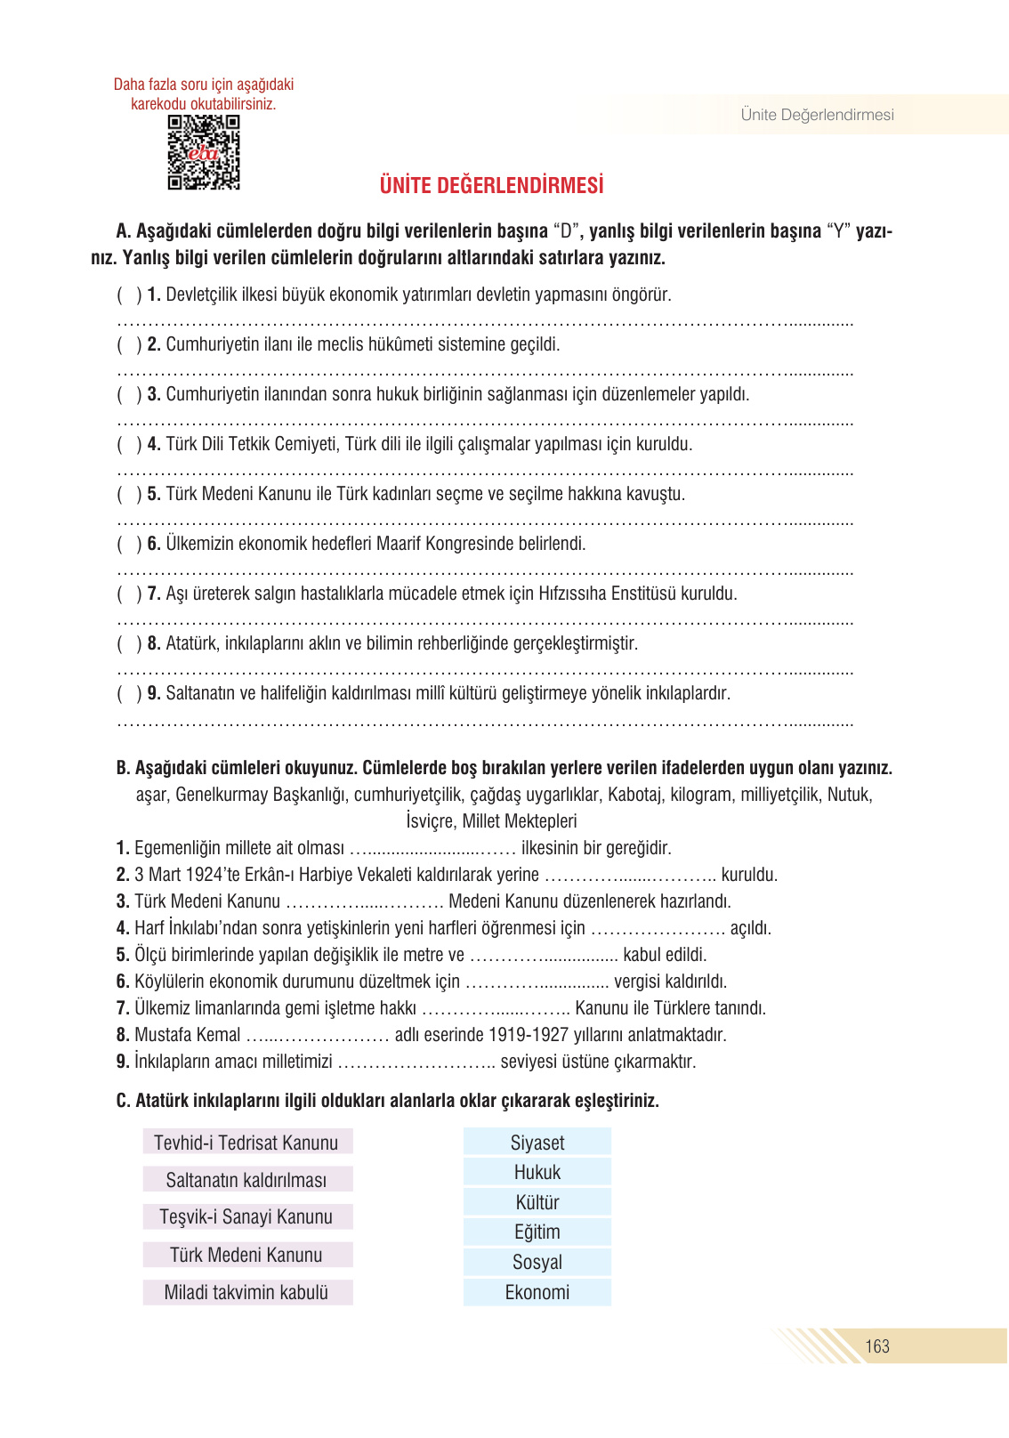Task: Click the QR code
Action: tap(204, 152)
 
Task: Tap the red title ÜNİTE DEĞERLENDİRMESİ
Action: tap(491, 186)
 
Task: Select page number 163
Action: tap(877, 1346)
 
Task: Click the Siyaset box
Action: tap(537, 1143)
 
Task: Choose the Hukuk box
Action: tap(537, 1172)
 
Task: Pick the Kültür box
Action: tap(537, 1202)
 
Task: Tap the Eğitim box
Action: tap(537, 1232)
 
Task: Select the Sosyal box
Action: tap(537, 1262)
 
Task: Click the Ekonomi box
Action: tap(537, 1292)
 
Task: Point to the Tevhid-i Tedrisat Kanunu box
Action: tap(246, 1143)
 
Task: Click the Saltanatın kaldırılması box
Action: tap(246, 1180)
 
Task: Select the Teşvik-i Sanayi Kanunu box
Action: tap(246, 1216)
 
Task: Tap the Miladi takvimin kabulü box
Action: tap(246, 1292)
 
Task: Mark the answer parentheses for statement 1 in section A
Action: tap(129, 295)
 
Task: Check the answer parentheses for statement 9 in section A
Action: tap(129, 693)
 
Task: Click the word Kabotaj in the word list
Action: tap(635, 795)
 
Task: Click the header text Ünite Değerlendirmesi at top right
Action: tap(817, 115)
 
